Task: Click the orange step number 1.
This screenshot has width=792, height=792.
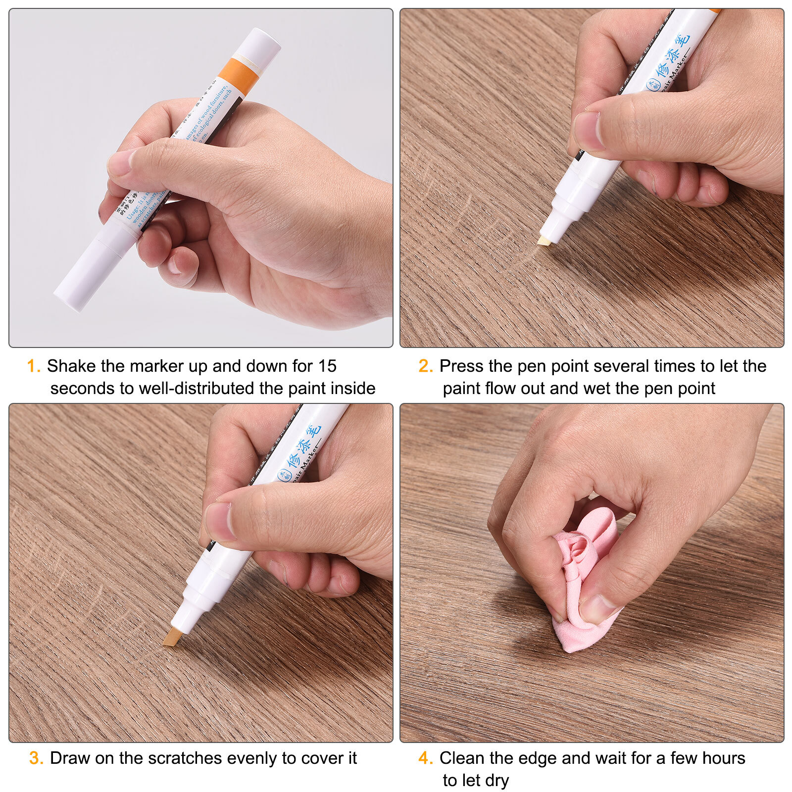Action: click(33, 366)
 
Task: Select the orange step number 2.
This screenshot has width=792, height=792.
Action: click(425, 366)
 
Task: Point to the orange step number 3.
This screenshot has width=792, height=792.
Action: click(36, 758)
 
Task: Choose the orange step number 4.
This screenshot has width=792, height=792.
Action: click(425, 758)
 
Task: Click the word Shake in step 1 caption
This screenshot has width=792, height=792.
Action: click(71, 366)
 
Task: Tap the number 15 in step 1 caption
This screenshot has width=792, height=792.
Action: click(327, 366)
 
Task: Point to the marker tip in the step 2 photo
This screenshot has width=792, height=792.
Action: click(544, 241)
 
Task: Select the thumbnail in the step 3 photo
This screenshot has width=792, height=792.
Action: click(218, 521)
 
